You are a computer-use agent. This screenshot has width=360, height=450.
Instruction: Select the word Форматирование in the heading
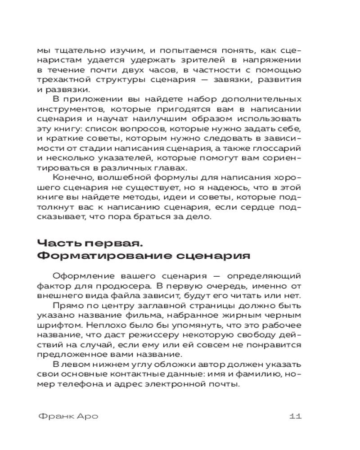(x=99, y=256)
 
